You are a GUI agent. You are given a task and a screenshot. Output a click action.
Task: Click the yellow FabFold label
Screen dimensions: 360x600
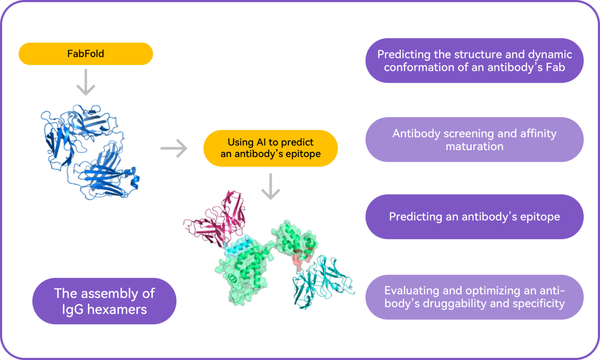coord(86,54)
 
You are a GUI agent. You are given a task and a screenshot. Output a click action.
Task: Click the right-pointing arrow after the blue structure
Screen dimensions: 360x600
coord(174,149)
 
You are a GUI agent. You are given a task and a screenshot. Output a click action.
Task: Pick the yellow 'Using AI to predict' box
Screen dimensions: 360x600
coord(270,149)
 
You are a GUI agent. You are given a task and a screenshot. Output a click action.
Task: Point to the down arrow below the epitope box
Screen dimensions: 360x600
coord(271,186)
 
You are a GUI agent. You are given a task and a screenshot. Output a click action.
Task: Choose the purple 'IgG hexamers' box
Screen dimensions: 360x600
coord(104,301)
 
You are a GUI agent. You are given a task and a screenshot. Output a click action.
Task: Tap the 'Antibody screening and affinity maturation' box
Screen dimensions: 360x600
coord(474,140)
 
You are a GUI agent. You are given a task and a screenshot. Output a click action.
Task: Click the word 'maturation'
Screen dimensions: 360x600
coord(474,146)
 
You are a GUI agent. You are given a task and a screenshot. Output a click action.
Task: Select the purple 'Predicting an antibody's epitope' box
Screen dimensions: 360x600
coord(474,217)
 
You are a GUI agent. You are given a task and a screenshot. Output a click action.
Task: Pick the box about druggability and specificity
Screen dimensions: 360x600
coord(474,297)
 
